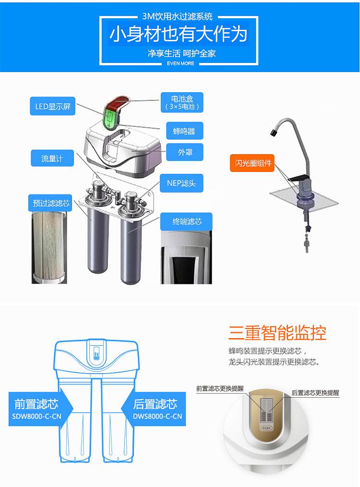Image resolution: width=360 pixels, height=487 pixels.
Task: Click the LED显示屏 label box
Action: coord(52,106)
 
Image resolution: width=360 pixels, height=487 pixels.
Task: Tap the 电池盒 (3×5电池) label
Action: coord(182,102)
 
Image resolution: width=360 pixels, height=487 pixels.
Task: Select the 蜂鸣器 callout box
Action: coord(184,131)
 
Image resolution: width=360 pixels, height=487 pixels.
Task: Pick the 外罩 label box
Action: coord(185,152)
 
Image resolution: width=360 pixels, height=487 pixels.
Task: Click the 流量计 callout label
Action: coord(52,158)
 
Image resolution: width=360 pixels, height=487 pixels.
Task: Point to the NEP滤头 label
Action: coord(181,183)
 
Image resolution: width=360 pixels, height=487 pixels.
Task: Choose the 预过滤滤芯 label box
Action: coord(50,203)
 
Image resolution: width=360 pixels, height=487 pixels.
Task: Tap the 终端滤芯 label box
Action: coord(186,221)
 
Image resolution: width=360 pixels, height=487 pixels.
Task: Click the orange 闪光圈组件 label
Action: coord(252,163)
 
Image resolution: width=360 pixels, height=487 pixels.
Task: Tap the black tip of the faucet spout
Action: coord(274,133)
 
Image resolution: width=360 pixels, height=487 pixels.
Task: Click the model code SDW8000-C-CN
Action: coord(36,416)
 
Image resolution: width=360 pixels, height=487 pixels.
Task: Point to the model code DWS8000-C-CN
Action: coord(157,416)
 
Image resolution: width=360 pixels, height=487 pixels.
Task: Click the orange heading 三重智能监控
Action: coord(277,333)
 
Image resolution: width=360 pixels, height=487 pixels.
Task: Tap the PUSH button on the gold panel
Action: coord(266,428)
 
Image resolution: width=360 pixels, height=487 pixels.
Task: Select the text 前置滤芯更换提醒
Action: coord(220,388)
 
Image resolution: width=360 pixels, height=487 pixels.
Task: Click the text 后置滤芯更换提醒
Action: coord(315,392)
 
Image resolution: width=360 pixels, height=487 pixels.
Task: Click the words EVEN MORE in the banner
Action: coord(180,63)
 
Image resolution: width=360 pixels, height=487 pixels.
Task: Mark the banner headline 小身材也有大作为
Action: coord(179,34)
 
